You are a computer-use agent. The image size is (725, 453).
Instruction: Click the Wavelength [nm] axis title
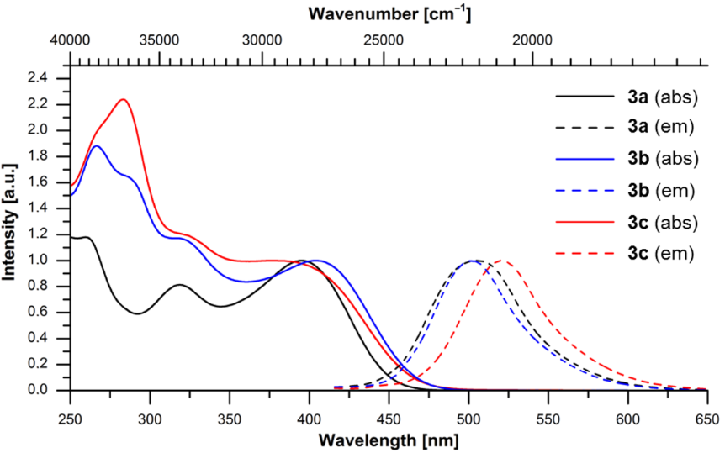[x=389, y=440]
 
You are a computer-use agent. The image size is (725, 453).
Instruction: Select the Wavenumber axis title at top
[x=389, y=13]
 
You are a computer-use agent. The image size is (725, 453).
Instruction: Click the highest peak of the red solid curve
[x=124, y=99]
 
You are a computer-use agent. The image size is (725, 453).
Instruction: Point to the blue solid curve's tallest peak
[x=97, y=146]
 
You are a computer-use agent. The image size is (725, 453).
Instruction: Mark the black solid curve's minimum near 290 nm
[x=137, y=313]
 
